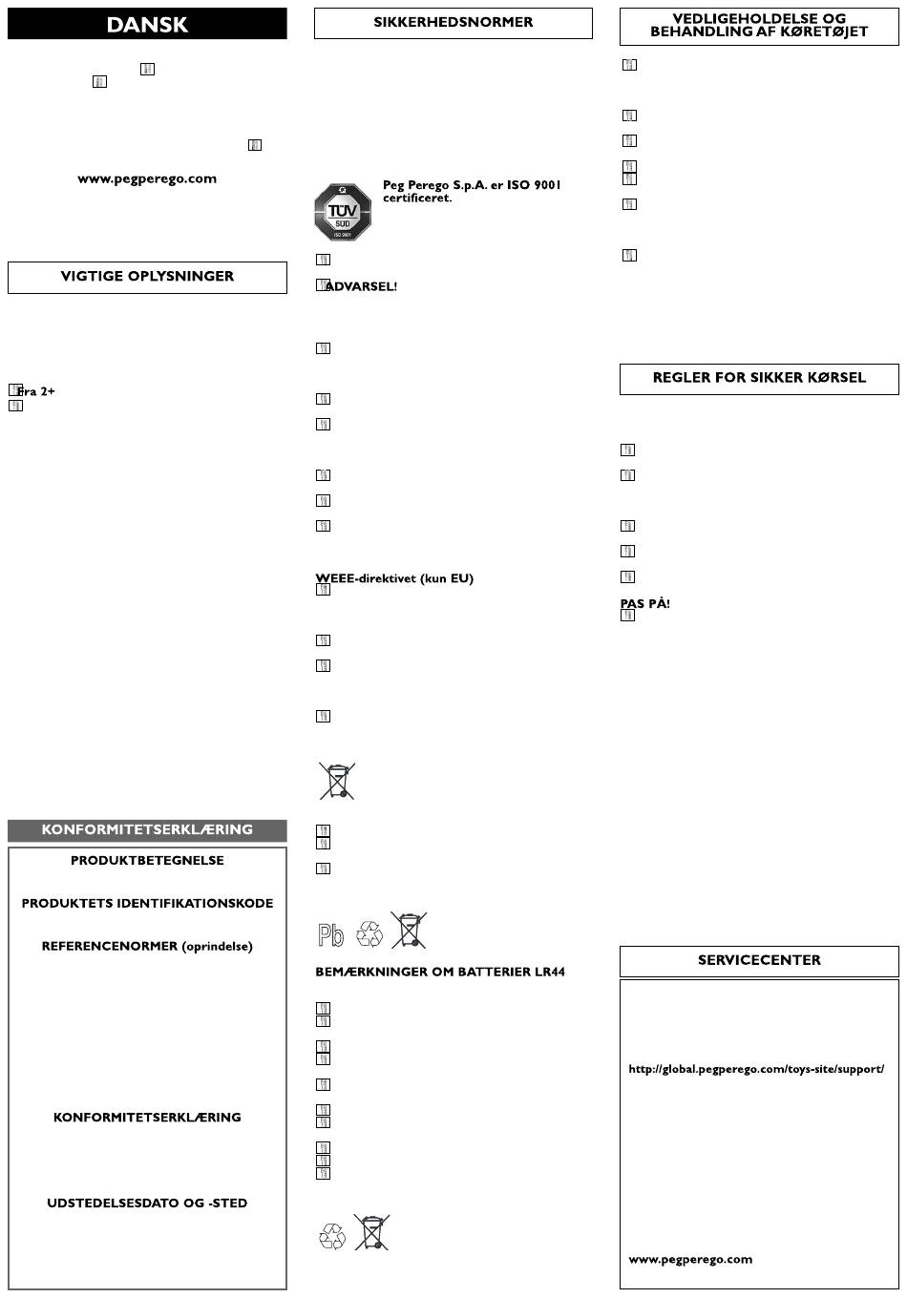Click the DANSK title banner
[x=147, y=24]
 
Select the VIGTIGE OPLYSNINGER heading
[x=147, y=277]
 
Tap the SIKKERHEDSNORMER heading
[x=453, y=23]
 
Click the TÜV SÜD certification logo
[x=343, y=212]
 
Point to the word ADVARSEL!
[x=362, y=287]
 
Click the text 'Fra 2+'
[x=36, y=391]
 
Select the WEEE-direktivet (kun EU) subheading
[x=394, y=578]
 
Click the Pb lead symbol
[x=331, y=935]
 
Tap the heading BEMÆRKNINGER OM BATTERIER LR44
[x=440, y=973]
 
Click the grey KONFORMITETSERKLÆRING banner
[x=147, y=830]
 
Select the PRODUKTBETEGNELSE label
[x=147, y=861]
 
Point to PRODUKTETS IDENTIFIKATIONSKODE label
[x=147, y=904]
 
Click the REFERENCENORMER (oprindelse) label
[x=147, y=947]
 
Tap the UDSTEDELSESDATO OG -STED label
[x=147, y=1204]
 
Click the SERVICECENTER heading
[x=759, y=961]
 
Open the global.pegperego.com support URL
[x=756, y=1069]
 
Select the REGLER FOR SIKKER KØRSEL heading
[x=759, y=378]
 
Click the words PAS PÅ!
[x=645, y=604]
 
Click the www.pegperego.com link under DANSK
[x=147, y=178]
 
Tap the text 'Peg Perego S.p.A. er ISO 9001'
[x=472, y=185]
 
